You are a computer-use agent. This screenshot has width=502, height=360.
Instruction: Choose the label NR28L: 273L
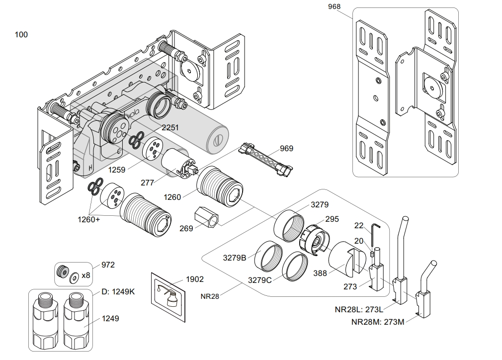pos(362,309)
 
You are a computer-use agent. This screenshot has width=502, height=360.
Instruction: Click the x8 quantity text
pos(86,275)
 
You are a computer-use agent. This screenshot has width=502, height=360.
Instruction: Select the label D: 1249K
pos(118,291)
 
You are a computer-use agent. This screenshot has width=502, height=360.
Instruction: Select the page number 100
pos(21,34)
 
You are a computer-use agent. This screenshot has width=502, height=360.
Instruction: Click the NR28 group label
pos(210,296)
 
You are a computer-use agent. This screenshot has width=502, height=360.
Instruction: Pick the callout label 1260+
pos(88,219)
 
